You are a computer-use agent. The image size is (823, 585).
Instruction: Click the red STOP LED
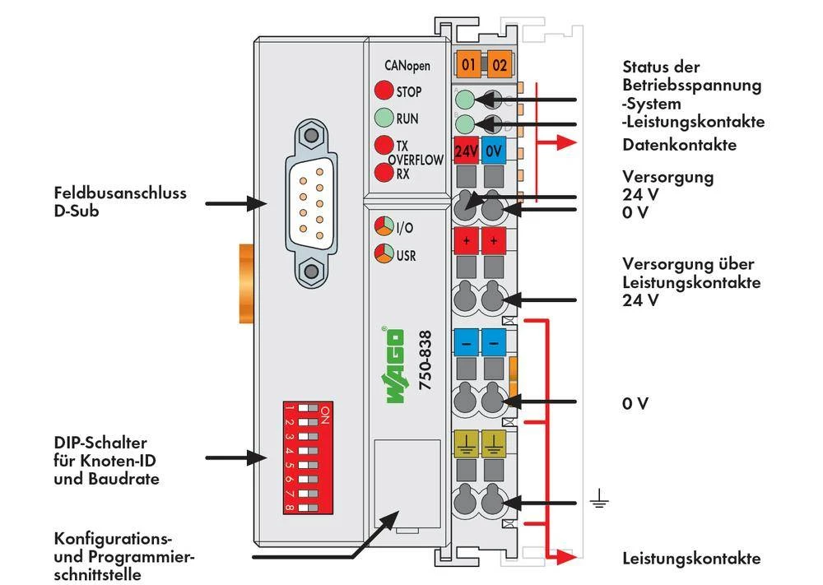(x=384, y=91)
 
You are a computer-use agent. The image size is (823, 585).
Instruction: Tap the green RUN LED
(x=384, y=118)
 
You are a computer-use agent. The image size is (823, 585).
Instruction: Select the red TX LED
(x=384, y=145)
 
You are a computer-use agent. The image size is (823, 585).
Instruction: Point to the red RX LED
(x=384, y=173)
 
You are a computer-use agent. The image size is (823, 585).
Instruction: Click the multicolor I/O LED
(x=384, y=227)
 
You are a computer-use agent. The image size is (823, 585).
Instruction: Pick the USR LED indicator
(x=384, y=253)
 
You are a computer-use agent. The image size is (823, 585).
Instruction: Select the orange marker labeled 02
(x=498, y=64)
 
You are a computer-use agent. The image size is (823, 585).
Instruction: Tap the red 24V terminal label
(x=467, y=151)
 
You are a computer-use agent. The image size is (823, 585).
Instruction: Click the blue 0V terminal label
(x=494, y=151)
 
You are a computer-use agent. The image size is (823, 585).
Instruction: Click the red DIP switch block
(x=306, y=457)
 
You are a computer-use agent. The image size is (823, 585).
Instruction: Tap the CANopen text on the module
(x=407, y=65)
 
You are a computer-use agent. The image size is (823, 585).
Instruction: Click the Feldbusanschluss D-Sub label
(x=120, y=202)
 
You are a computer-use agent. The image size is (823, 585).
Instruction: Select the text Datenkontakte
(x=679, y=145)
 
